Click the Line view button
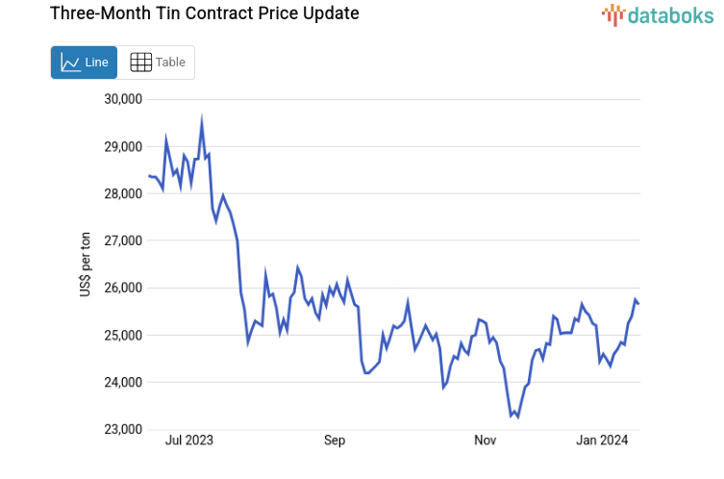pyautogui.click(x=84, y=63)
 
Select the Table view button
pyautogui.click(x=157, y=63)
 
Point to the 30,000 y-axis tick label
pyautogui.click(x=122, y=99)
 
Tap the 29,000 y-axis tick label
pyautogui.click(x=122, y=147)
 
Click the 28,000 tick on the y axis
pyautogui.click(x=122, y=194)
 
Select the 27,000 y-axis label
pyautogui.click(x=122, y=241)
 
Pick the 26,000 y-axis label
pyautogui.click(x=122, y=289)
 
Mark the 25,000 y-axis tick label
pyautogui.click(x=122, y=336)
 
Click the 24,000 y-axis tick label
pyautogui.click(x=122, y=383)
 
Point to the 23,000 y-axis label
pyautogui.click(x=122, y=430)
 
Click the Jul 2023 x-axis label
pyautogui.click(x=189, y=441)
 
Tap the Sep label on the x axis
pyautogui.click(x=334, y=441)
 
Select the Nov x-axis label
pyautogui.click(x=485, y=441)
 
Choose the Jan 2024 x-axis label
pyautogui.click(x=602, y=441)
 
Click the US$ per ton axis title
pyautogui.click(x=86, y=265)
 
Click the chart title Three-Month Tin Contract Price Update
pyautogui.click(x=190, y=13)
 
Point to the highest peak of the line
pyautogui.click(x=202, y=120)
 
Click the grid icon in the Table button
pyautogui.click(x=140, y=63)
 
